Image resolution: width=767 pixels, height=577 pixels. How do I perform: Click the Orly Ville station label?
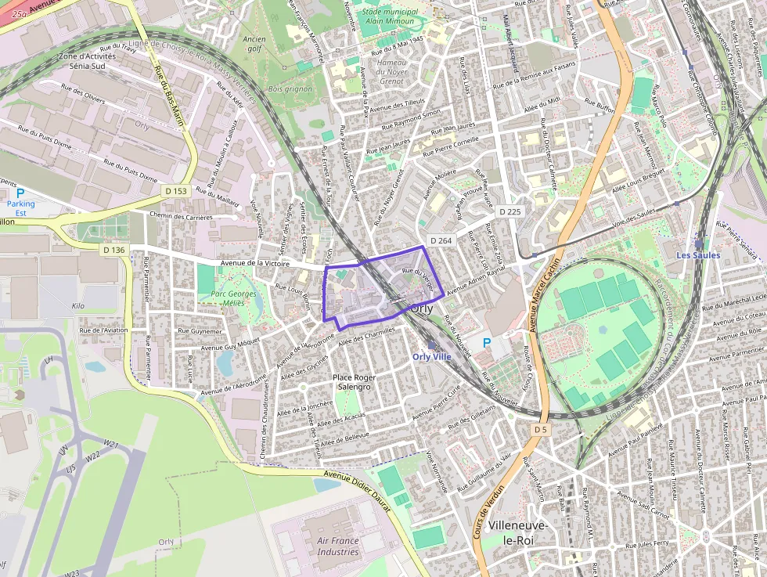pos(433,357)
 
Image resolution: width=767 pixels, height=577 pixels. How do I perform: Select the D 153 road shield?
pos(176,191)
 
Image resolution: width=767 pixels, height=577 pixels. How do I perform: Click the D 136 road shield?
pos(113,250)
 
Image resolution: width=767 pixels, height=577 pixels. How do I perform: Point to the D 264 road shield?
pos(441,240)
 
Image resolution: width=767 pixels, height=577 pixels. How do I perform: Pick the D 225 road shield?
pos(508,211)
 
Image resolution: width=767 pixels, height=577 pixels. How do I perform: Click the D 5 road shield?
pos(541,430)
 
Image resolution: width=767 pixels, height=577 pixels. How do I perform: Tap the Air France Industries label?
pos(338,546)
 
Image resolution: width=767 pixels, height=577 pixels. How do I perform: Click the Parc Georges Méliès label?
pos(233,299)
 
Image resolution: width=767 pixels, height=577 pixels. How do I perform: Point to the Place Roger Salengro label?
pos(355,382)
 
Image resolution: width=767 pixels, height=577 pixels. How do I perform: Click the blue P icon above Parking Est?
pos(21,193)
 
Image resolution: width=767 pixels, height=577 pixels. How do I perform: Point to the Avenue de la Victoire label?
pos(257,265)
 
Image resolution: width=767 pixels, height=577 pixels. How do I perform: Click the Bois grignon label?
pos(290,89)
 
